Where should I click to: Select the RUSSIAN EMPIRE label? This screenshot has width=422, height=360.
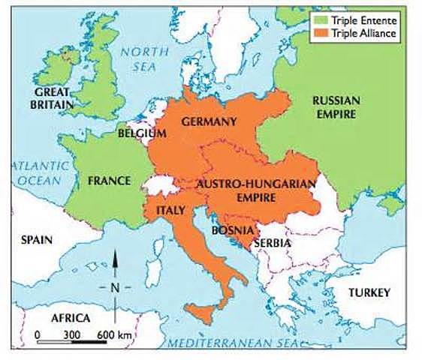336,106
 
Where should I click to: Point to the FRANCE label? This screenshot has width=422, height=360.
109,181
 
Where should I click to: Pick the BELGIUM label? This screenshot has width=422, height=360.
141,133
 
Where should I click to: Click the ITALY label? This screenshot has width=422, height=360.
170,211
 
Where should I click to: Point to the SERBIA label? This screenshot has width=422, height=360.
273,243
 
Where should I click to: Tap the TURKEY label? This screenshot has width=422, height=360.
370,292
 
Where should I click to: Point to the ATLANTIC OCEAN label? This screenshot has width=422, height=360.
38,173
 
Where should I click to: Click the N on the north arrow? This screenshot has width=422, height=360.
115,287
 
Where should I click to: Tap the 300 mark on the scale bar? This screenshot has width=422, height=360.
71,333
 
